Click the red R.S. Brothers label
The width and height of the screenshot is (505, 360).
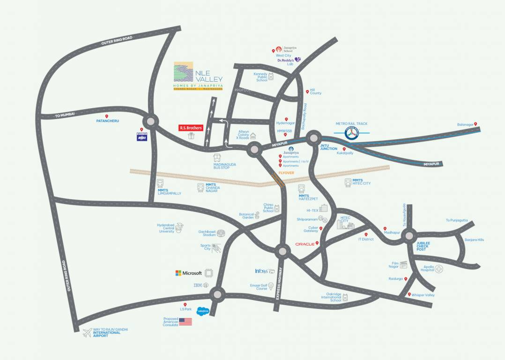coord(190,127)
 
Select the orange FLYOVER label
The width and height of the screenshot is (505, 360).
coord(286,172)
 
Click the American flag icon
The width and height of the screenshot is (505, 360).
coord(186,322)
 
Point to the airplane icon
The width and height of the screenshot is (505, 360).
coord(87,333)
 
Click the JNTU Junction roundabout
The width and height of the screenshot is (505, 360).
coord(313,138)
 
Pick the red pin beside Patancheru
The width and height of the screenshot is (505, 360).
coord(107,116)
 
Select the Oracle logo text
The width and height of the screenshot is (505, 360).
coord(304,244)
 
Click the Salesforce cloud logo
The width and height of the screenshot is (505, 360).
coord(203,310)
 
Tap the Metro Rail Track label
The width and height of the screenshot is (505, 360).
coord(351,124)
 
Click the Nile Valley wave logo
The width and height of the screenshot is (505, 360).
coord(183,72)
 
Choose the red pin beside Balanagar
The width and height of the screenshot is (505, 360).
coord(475,124)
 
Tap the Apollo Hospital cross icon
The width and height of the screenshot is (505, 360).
coord(439,269)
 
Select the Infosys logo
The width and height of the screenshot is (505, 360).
coord(261,271)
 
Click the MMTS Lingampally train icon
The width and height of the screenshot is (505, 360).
coord(160,184)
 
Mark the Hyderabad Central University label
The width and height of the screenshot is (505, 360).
coord(167,228)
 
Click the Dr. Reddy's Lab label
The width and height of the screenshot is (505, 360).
coord(285,62)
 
